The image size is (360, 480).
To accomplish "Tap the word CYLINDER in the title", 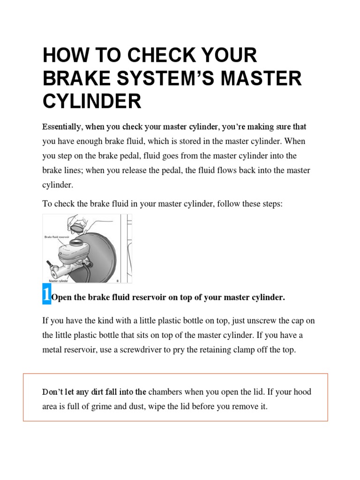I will click(92, 101).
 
